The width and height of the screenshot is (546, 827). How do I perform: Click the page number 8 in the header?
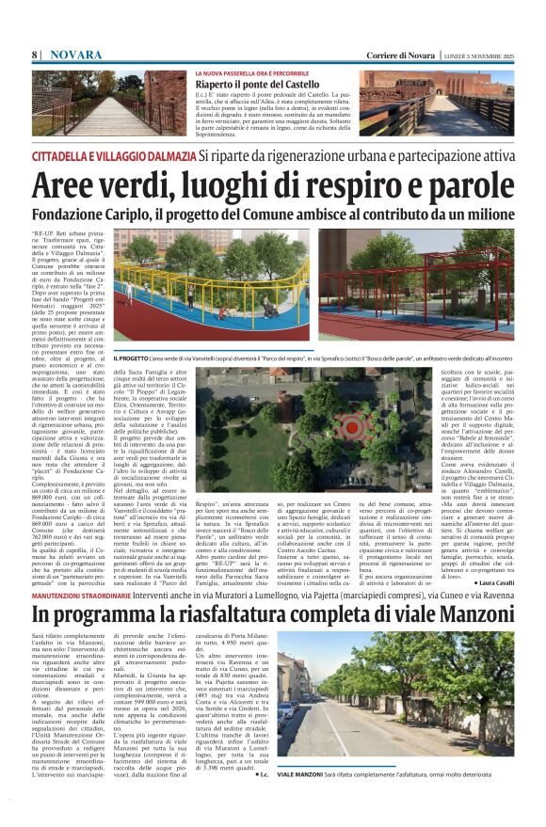(34, 56)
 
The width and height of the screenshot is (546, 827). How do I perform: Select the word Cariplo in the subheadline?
(153, 211)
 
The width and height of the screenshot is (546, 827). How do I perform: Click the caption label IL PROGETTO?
(157, 358)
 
